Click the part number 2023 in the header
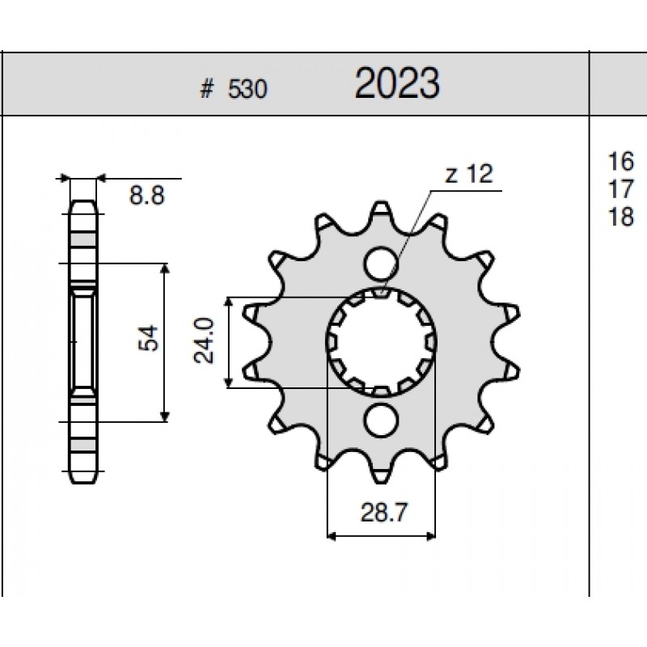tap(397, 84)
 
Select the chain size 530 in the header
tap(247, 89)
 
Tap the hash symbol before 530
tap(207, 89)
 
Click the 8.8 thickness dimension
tap(147, 195)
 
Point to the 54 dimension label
tap(148, 338)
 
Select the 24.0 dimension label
tap(204, 340)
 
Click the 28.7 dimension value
tap(383, 513)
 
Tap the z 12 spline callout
tap(469, 174)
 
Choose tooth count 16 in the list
tap(621, 161)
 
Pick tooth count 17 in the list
tap(621, 189)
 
